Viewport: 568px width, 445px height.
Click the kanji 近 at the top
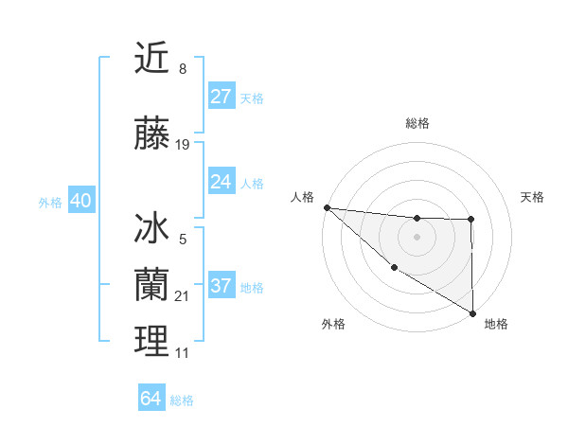151,59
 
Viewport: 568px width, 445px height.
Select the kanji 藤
151,135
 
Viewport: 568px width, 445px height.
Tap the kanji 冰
151,230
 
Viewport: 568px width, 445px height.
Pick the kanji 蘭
151,284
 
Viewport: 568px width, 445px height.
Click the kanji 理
151,340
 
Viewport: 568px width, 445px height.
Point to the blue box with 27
221,97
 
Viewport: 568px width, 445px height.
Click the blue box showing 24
221,182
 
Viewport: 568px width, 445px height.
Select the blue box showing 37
221,286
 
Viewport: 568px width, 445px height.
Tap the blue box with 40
80,201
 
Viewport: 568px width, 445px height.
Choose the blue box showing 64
151,399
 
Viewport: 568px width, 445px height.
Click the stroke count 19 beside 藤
183,145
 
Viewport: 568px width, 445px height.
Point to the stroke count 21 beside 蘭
183,296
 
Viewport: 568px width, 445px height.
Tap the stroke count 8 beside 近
182,68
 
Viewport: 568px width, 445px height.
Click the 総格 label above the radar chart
417,123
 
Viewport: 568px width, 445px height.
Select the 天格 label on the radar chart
532,197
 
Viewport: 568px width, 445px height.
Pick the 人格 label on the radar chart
303,197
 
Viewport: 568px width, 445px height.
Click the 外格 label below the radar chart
333,324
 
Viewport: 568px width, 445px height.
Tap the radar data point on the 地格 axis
472,312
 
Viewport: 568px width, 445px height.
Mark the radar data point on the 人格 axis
327,207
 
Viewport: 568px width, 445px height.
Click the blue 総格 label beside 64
182,400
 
